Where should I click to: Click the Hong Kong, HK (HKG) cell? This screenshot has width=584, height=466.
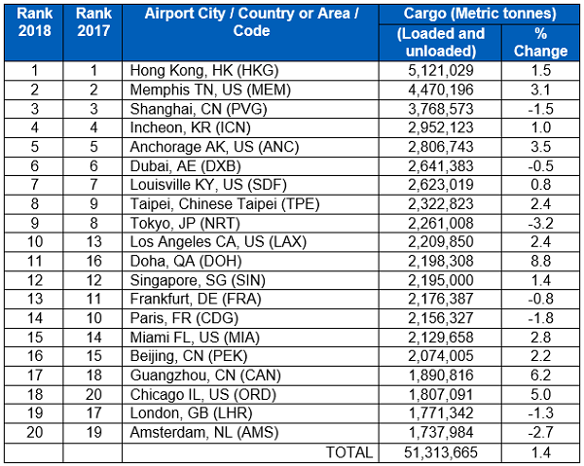(192, 71)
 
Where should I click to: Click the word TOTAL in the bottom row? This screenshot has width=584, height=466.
(349, 451)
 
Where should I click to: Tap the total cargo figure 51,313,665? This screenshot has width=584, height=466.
(437, 451)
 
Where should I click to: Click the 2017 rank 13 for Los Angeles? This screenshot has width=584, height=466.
(93, 242)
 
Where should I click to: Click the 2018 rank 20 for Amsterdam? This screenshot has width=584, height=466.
(35, 432)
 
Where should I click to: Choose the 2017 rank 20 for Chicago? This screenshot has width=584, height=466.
(93, 394)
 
